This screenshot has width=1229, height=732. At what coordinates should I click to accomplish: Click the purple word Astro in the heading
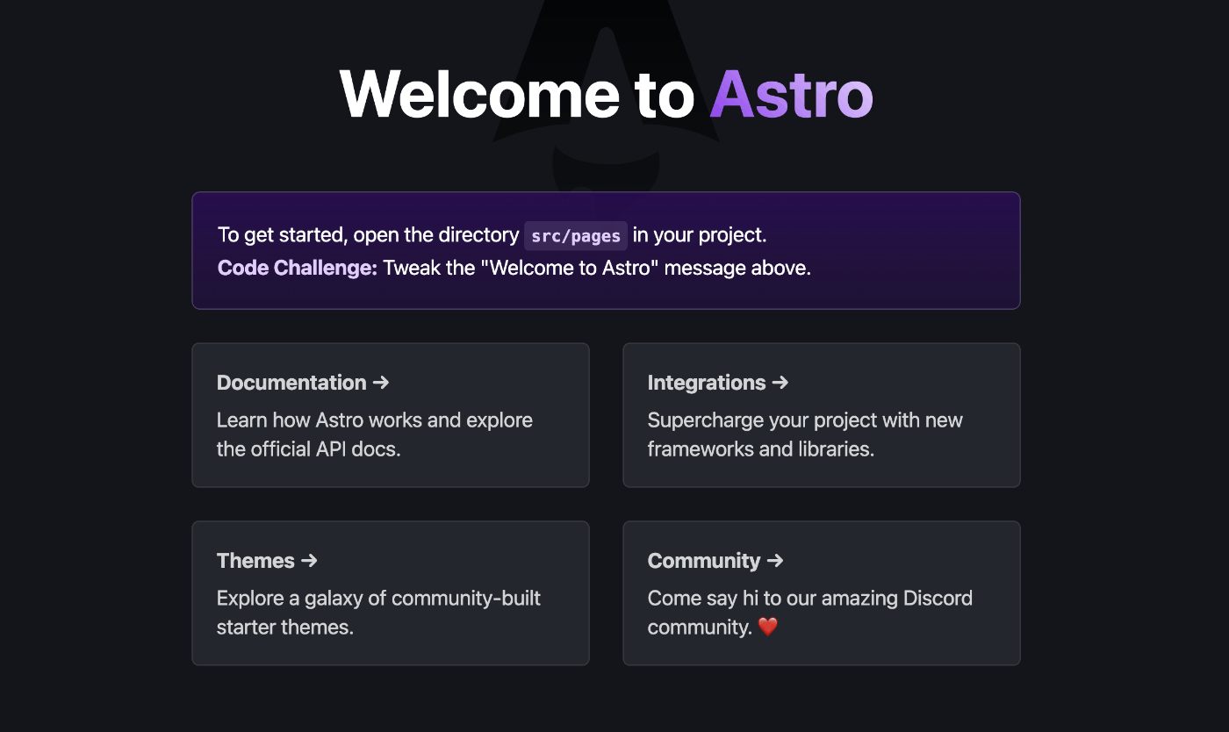click(x=792, y=93)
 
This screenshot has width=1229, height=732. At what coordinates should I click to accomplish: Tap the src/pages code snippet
click(x=576, y=236)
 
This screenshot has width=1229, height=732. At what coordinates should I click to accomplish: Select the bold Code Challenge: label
click(x=297, y=268)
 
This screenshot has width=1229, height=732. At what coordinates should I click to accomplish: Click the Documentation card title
click(x=291, y=383)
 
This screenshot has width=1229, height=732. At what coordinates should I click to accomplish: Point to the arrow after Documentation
click(x=381, y=383)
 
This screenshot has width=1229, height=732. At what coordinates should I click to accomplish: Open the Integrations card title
click(x=707, y=383)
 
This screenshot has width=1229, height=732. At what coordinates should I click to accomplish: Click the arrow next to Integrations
click(x=780, y=383)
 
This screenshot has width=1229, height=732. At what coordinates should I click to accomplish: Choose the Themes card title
click(x=255, y=561)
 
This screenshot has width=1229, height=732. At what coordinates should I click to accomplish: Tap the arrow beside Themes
click(x=308, y=561)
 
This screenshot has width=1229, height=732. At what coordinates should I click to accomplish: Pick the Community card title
click(x=704, y=561)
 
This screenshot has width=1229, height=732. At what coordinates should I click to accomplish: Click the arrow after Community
click(x=774, y=561)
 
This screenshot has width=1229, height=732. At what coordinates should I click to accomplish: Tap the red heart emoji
click(x=768, y=627)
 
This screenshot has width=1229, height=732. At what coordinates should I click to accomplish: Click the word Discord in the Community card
click(x=936, y=599)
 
